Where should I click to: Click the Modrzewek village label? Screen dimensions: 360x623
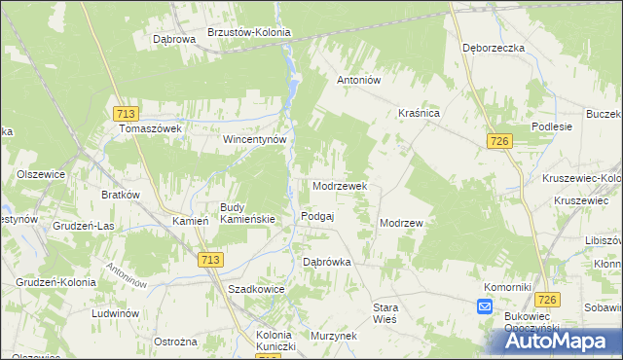click(339, 186)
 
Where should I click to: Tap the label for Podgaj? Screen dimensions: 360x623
click(318, 217)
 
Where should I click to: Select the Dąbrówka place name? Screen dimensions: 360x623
click(326, 263)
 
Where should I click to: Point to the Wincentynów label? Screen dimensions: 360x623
click(255, 139)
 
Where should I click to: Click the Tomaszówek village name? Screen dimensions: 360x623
click(151, 128)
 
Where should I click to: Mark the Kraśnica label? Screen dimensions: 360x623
click(420, 114)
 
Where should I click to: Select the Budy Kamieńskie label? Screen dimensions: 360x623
click(248, 213)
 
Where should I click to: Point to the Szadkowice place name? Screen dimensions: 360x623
click(254, 290)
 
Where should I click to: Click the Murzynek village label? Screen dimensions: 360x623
click(333, 336)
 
